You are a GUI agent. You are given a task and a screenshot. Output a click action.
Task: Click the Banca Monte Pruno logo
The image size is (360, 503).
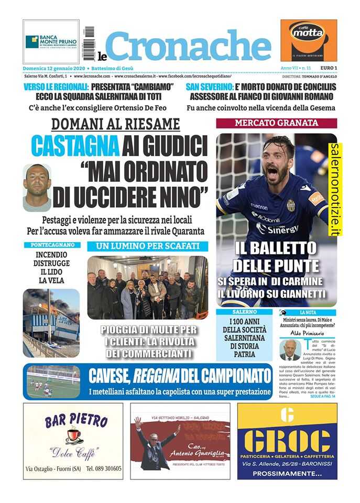[x=51, y=41]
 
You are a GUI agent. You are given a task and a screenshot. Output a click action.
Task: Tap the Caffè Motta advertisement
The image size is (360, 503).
[x=309, y=40]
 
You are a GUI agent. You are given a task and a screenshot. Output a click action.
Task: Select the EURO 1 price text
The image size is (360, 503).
[x=328, y=69]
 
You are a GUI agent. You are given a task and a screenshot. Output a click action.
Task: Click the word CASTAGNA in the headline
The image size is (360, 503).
[x=75, y=146]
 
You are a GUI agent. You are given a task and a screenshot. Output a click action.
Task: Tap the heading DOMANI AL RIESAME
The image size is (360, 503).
[x=115, y=124]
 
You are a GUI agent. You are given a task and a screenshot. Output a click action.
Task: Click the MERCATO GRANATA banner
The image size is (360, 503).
[x=276, y=123]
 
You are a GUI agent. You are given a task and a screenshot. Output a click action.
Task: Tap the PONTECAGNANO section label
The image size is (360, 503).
[x=52, y=245]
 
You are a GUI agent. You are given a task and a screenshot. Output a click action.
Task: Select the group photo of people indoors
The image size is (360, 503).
[x=147, y=288]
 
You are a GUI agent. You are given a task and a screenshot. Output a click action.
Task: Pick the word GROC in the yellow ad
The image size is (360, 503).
[x=287, y=442]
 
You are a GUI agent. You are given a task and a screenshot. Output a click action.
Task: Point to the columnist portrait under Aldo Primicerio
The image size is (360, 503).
[x=290, y=350]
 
